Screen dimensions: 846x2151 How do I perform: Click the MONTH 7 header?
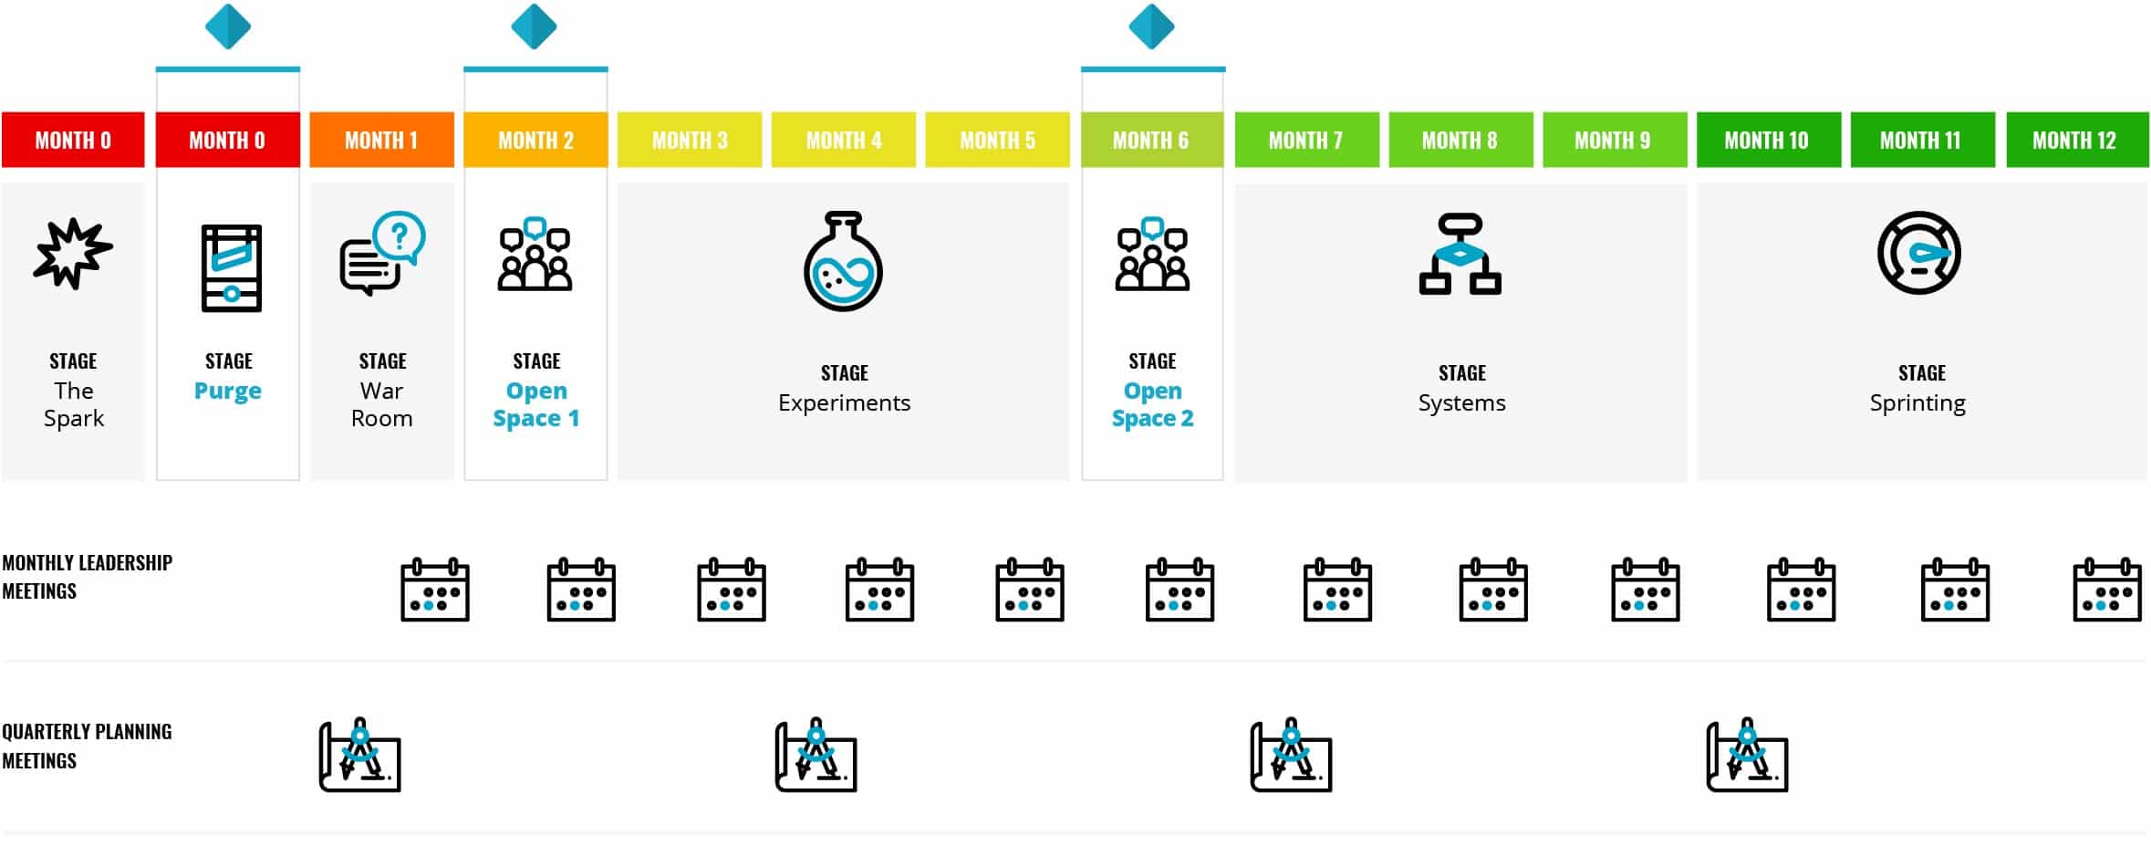1305,141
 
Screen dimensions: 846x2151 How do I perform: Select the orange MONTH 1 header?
381,141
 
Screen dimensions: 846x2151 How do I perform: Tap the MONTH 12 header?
2075,141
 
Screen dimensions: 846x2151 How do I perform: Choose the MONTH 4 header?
844,141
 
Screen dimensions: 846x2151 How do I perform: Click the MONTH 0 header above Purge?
227,141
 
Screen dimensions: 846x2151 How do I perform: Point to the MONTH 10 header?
1767,141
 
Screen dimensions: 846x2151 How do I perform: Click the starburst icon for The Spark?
73,254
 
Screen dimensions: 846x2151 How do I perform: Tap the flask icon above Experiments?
843,262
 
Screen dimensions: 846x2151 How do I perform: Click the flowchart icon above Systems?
1460,255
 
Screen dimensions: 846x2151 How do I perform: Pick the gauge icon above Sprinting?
1919,253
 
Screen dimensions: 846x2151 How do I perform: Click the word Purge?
228,392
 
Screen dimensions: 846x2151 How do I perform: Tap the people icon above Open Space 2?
1152,255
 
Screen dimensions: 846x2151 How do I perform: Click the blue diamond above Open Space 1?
535,26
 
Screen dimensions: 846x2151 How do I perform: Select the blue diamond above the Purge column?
228,26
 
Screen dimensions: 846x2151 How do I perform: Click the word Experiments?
844,403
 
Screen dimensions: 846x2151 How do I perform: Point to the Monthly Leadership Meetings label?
87,577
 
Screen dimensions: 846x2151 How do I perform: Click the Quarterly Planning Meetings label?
87,746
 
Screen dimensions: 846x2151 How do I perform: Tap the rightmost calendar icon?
2107,590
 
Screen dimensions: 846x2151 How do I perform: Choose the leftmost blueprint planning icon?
360,756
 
